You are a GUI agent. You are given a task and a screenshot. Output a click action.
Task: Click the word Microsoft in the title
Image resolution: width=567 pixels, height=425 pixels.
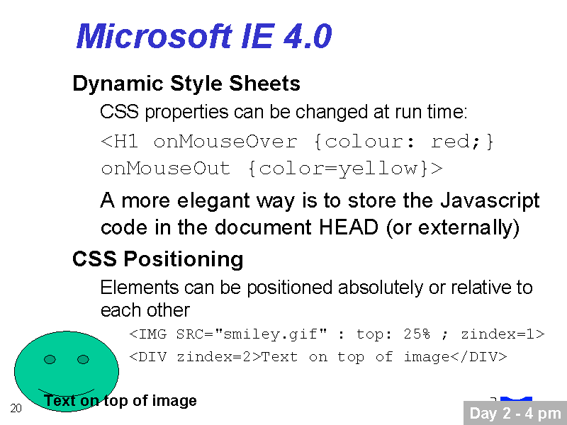[x=155, y=36]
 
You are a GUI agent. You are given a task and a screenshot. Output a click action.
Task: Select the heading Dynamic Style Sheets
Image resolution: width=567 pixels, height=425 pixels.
[x=186, y=84]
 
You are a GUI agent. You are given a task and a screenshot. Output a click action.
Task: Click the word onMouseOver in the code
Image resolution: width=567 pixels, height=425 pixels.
[x=225, y=141]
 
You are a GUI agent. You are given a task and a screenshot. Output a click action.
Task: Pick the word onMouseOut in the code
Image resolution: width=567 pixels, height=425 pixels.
[x=166, y=169]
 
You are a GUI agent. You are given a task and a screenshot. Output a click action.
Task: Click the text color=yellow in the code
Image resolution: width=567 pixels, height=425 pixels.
[x=339, y=169]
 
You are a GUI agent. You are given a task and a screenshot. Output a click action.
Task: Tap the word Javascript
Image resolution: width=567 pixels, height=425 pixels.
[x=490, y=202]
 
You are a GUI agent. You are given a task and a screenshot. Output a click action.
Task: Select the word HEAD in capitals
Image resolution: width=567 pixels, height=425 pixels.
[x=348, y=227]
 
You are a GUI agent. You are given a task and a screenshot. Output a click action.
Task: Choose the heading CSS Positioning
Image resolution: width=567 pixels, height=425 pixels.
[x=157, y=260]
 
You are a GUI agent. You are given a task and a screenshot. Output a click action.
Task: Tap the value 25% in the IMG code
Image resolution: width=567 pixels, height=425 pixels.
[x=417, y=334]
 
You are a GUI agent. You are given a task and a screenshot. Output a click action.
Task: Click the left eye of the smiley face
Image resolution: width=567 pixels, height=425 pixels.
[x=50, y=359]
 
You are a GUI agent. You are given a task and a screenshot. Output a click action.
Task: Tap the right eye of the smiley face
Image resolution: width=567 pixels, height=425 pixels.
[x=83, y=359]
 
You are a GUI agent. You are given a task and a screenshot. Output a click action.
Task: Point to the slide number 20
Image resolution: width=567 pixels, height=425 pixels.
[x=16, y=408]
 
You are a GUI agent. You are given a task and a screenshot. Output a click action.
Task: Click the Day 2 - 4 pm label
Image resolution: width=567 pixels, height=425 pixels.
[x=515, y=414]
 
